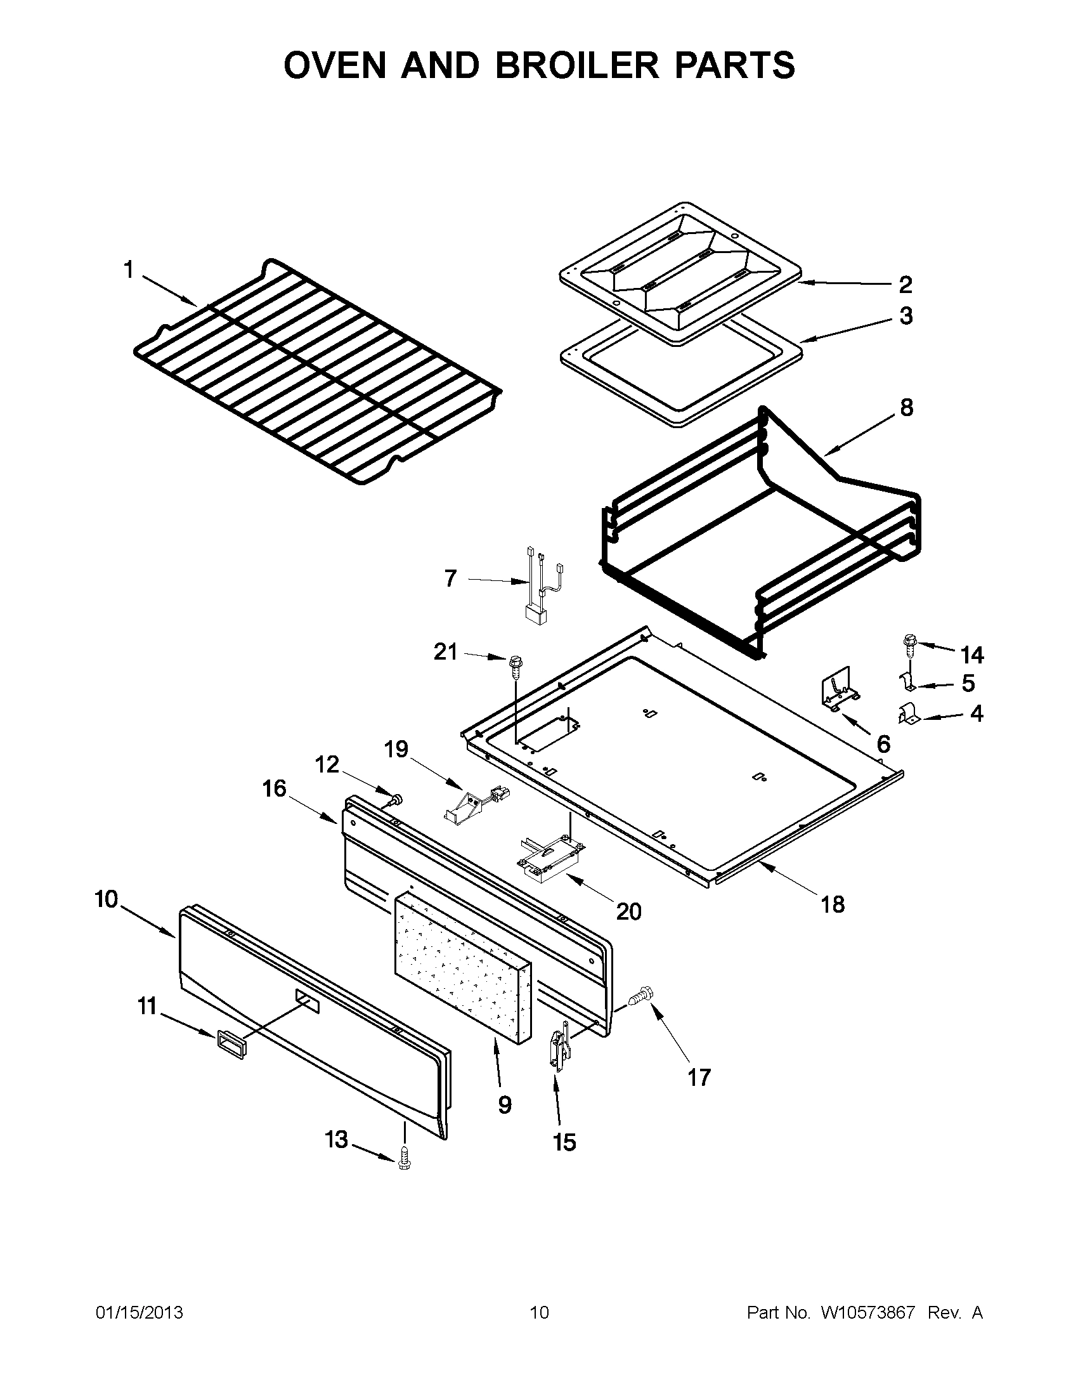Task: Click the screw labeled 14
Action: tap(909, 644)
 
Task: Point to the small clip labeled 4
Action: tap(908, 715)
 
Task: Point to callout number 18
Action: tap(833, 904)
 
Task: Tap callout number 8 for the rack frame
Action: tap(906, 407)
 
